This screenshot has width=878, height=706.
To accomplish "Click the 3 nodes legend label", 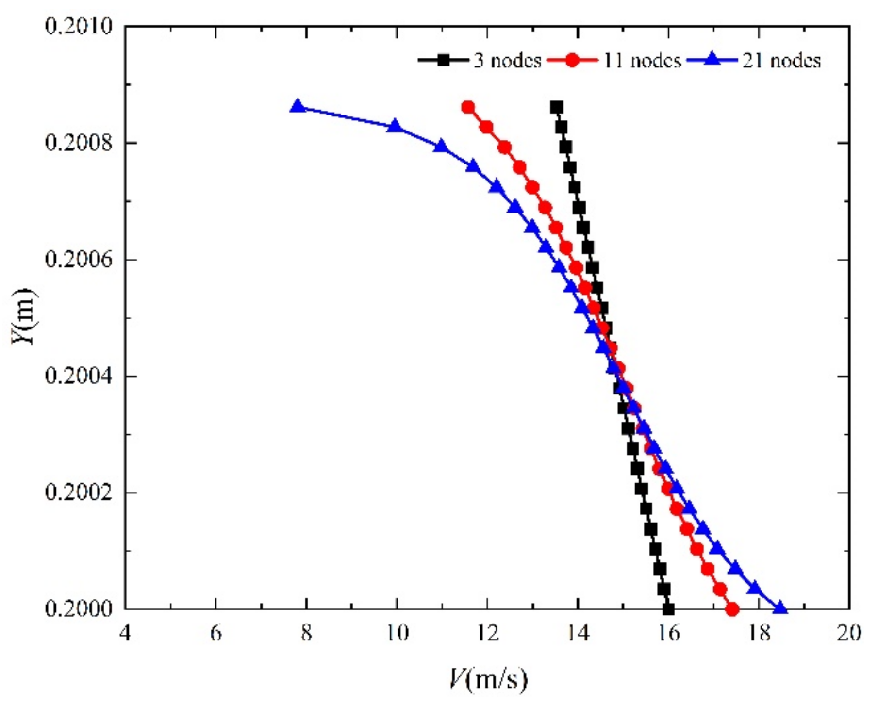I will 507,61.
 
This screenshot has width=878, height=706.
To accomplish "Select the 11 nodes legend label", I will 643,61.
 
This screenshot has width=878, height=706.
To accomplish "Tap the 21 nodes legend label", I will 782,61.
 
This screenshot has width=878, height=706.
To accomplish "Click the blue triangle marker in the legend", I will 712,60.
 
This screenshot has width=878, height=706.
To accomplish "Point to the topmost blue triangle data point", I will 298,107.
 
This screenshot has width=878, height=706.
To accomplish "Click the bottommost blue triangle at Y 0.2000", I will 780,608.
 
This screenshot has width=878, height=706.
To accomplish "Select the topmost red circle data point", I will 468,107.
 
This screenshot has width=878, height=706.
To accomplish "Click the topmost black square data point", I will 557,107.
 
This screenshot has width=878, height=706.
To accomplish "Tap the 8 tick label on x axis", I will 306,633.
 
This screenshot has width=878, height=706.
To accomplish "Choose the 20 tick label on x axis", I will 849,633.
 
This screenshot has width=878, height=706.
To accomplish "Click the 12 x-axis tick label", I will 487,633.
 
